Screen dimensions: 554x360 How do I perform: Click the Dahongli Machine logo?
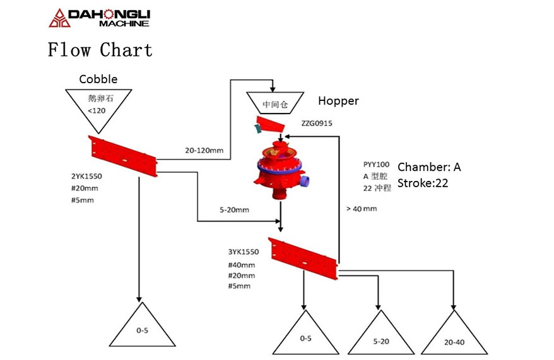point(100,18)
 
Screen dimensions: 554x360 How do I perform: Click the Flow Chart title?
point(100,49)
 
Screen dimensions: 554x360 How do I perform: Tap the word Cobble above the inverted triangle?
point(98,79)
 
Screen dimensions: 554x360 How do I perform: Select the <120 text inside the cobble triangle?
point(97,110)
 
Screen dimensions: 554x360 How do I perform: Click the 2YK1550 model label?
point(86,176)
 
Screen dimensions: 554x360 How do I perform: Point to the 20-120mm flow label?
point(204,150)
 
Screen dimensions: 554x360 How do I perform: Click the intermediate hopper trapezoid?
point(275,103)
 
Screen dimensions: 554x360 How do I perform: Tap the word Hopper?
point(338,101)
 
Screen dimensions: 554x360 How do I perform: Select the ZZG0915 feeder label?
point(317,123)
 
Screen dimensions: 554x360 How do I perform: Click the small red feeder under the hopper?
point(270,125)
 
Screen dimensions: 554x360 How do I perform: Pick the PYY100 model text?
point(376,165)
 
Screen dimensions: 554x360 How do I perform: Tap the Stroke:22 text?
point(423,183)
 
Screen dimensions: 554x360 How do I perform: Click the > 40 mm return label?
point(362,209)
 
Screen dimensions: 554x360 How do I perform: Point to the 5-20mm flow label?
point(234,210)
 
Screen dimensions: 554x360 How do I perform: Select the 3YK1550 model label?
point(244,252)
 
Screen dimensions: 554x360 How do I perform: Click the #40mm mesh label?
point(241,265)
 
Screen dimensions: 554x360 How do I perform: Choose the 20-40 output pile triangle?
point(454,332)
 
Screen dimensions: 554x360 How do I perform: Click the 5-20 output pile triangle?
point(381,332)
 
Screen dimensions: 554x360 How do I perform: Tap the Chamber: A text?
point(429,167)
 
